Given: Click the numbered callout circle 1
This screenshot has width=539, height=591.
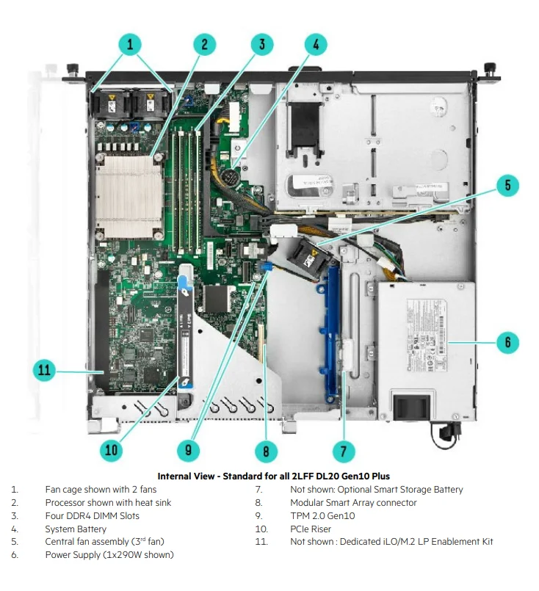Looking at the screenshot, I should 130,45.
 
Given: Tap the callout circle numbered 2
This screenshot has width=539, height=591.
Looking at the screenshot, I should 204,44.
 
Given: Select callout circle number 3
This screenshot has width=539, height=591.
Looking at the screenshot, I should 261,44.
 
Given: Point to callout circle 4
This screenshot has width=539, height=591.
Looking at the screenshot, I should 316,44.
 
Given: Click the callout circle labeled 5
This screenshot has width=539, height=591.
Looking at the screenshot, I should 507,185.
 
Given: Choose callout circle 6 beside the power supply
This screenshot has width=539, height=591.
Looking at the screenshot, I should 507,342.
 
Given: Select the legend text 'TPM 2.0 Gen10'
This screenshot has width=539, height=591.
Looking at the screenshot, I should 322,515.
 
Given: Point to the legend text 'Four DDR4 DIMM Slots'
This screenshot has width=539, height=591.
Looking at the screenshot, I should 92,515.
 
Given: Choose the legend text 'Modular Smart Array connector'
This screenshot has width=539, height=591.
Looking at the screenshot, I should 353,502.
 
